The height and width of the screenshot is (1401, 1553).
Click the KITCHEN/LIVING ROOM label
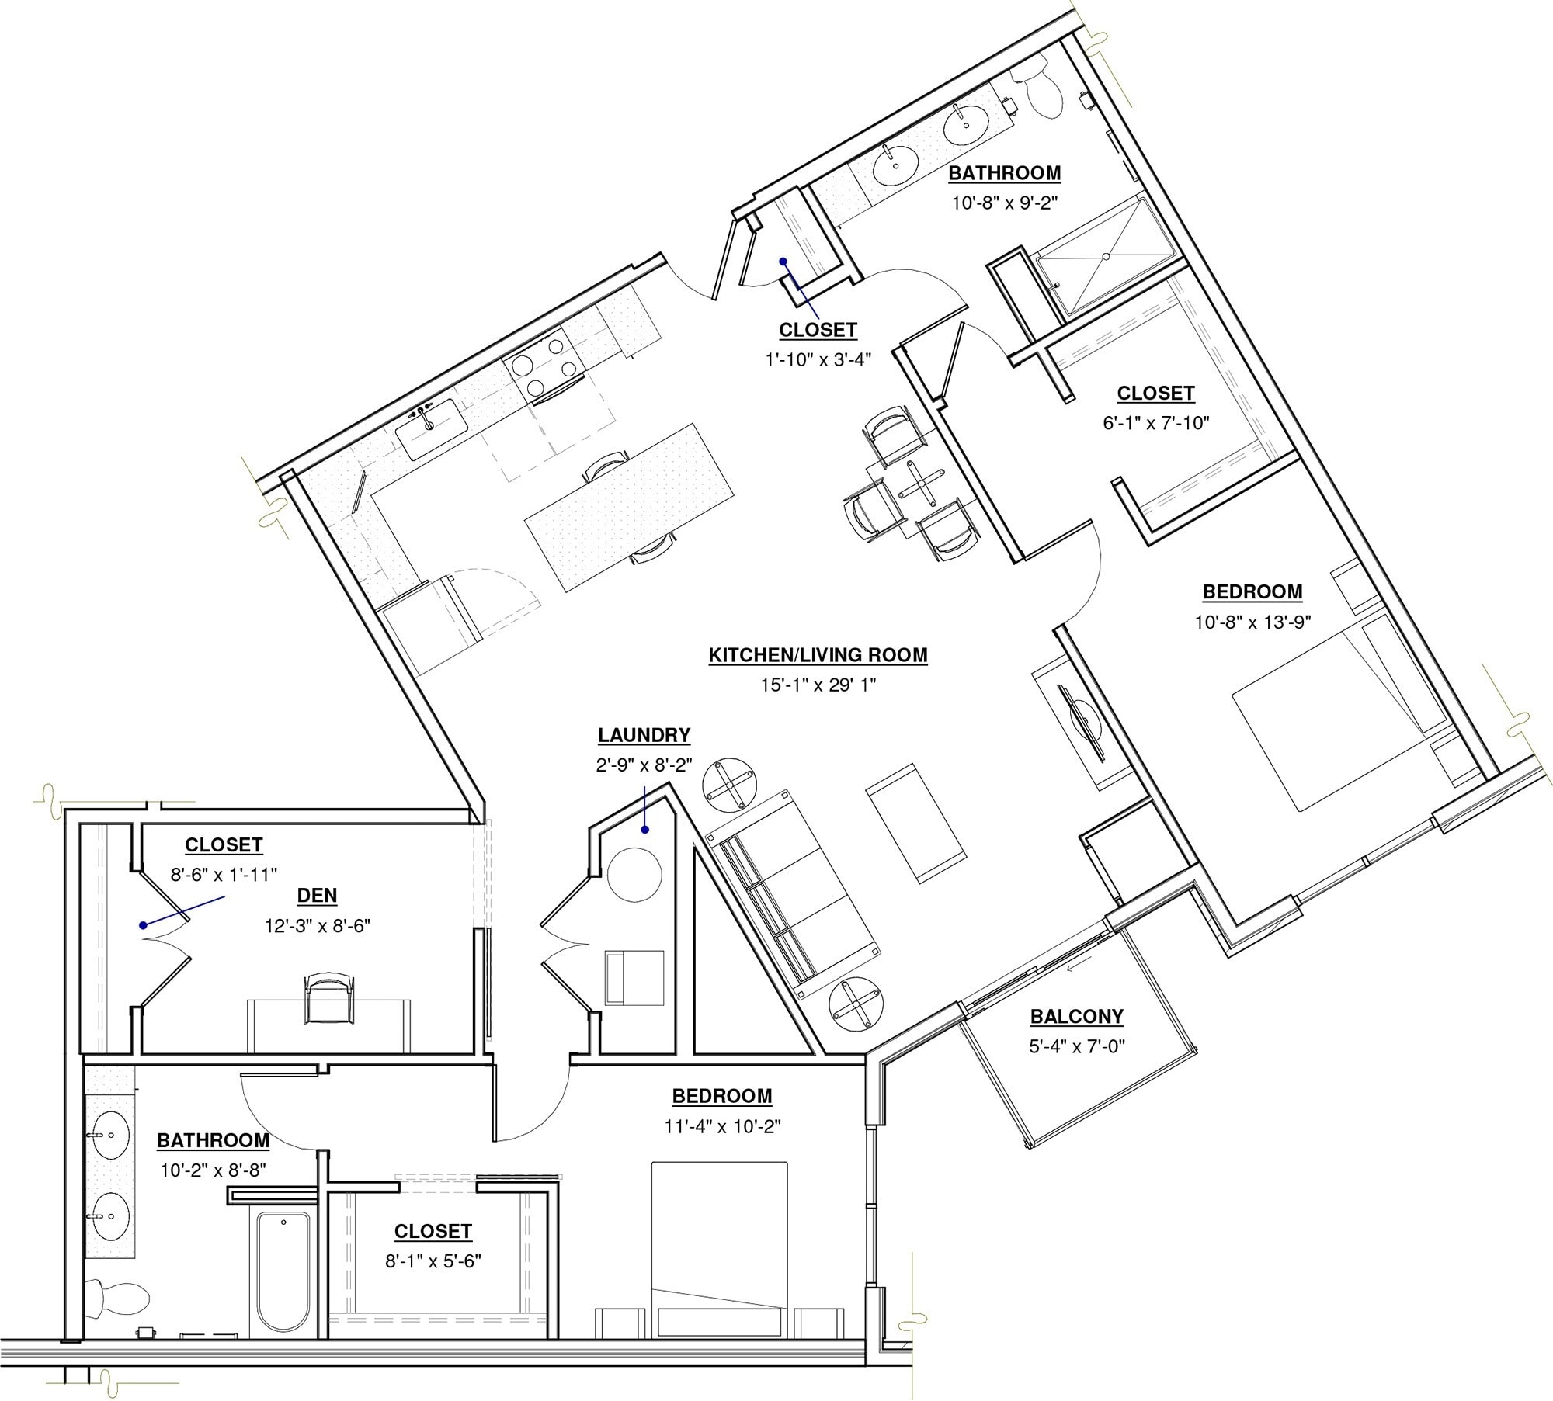(x=818, y=655)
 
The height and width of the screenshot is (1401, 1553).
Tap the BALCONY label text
(x=1076, y=1016)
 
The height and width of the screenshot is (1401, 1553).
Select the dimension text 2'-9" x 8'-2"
(x=644, y=765)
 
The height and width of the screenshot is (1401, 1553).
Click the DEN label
(x=317, y=895)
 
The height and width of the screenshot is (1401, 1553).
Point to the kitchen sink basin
(x=431, y=429)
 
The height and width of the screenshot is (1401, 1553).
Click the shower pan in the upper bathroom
(x=1106, y=256)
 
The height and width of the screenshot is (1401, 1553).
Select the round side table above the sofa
(x=729, y=785)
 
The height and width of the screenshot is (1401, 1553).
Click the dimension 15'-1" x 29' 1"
(x=818, y=685)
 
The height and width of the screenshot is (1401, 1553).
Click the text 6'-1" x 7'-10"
(x=1155, y=423)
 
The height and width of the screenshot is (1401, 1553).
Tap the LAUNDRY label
(x=644, y=735)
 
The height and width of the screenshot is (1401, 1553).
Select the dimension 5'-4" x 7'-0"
(x=1076, y=1046)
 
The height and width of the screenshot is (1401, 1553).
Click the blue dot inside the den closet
(x=143, y=925)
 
